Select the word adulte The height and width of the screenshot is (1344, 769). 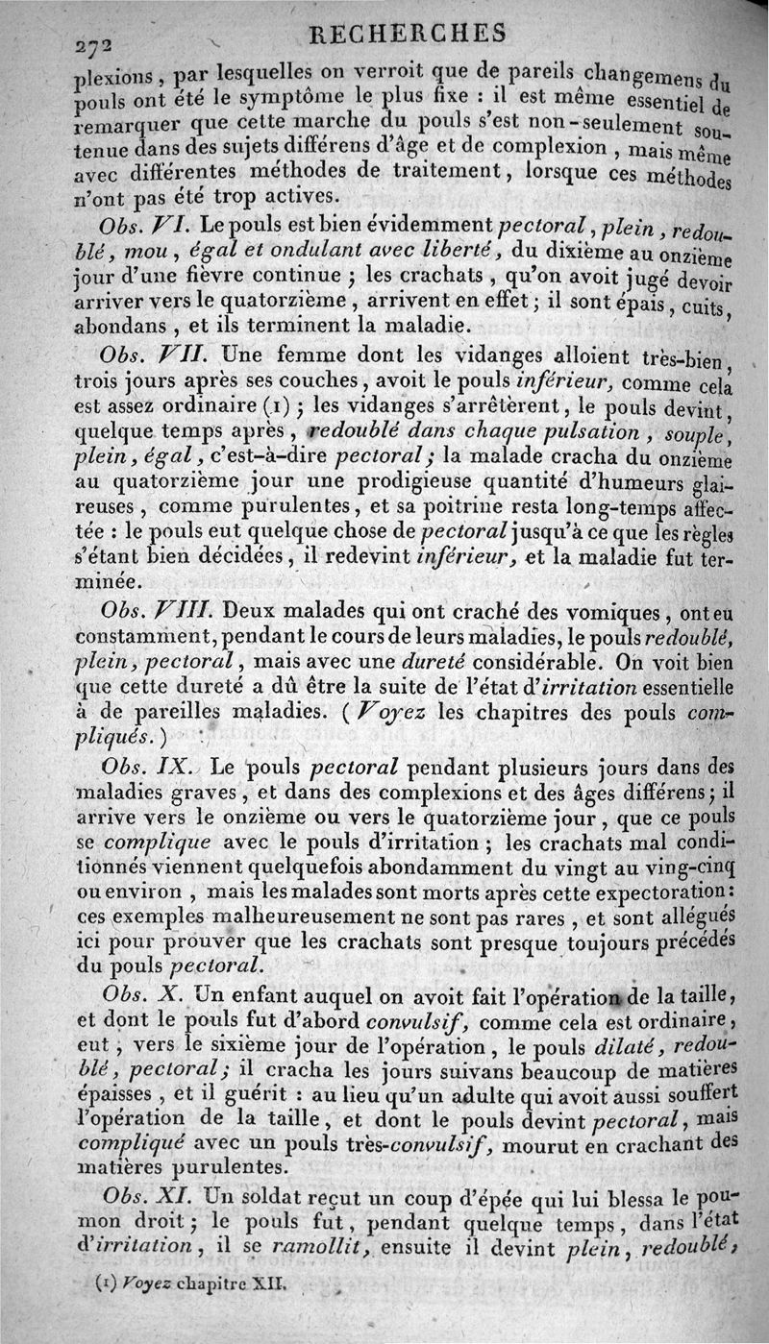(x=518, y=1092)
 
